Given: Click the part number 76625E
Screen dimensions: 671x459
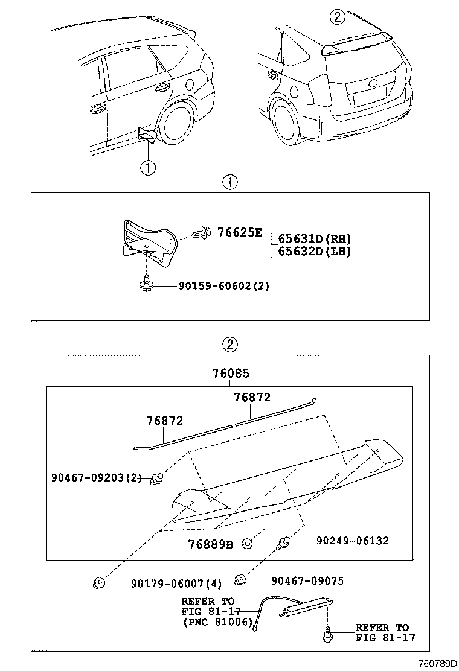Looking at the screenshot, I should [x=240, y=232].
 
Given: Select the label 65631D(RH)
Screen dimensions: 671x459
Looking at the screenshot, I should [x=314, y=239].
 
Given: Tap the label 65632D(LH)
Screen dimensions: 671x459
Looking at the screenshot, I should [x=314, y=252].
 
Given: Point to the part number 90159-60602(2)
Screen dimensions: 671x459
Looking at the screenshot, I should [x=223, y=285].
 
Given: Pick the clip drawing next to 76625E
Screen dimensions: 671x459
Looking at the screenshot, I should [x=201, y=232].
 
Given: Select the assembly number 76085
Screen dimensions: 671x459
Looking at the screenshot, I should [x=230, y=374].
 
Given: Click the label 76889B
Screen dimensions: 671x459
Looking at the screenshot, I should [x=210, y=544].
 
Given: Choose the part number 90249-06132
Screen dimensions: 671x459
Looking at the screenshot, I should [x=352, y=541].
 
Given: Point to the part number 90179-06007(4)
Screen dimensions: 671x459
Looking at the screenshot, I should [x=176, y=583].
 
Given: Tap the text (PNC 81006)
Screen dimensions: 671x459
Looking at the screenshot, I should [x=217, y=622].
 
